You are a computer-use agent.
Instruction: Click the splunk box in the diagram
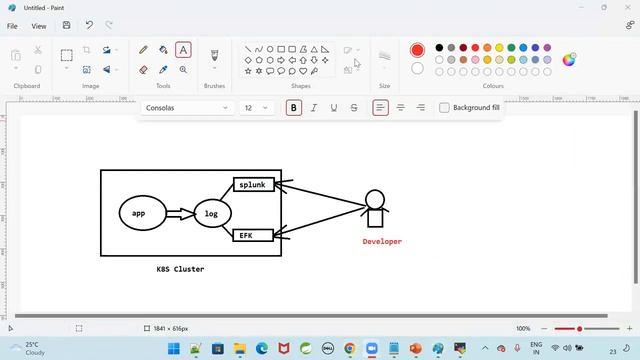pyautogui.click(x=254, y=185)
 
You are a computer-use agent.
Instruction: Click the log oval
pyautogui.click(x=212, y=214)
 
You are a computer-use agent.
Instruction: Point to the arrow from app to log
pyautogui.click(x=179, y=213)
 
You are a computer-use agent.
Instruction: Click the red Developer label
pyautogui.click(x=382, y=241)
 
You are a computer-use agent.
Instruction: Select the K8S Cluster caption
pyautogui.click(x=180, y=269)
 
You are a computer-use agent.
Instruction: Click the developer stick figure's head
pyautogui.click(x=375, y=198)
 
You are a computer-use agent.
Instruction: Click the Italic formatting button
pyautogui.click(x=314, y=108)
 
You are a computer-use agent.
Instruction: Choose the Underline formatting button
pyautogui.click(x=334, y=108)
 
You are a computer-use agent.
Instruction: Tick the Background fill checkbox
pyautogui.click(x=444, y=108)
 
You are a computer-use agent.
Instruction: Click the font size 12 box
pyautogui.click(x=256, y=108)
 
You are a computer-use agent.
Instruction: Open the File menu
pyautogui.click(x=13, y=26)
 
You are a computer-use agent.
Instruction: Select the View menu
pyautogui.click(x=39, y=26)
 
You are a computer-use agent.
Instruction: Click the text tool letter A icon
pyautogui.click(x=183, y=49)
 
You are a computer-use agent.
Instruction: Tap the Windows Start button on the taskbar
pyautogui.click(x=173, y=348)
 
